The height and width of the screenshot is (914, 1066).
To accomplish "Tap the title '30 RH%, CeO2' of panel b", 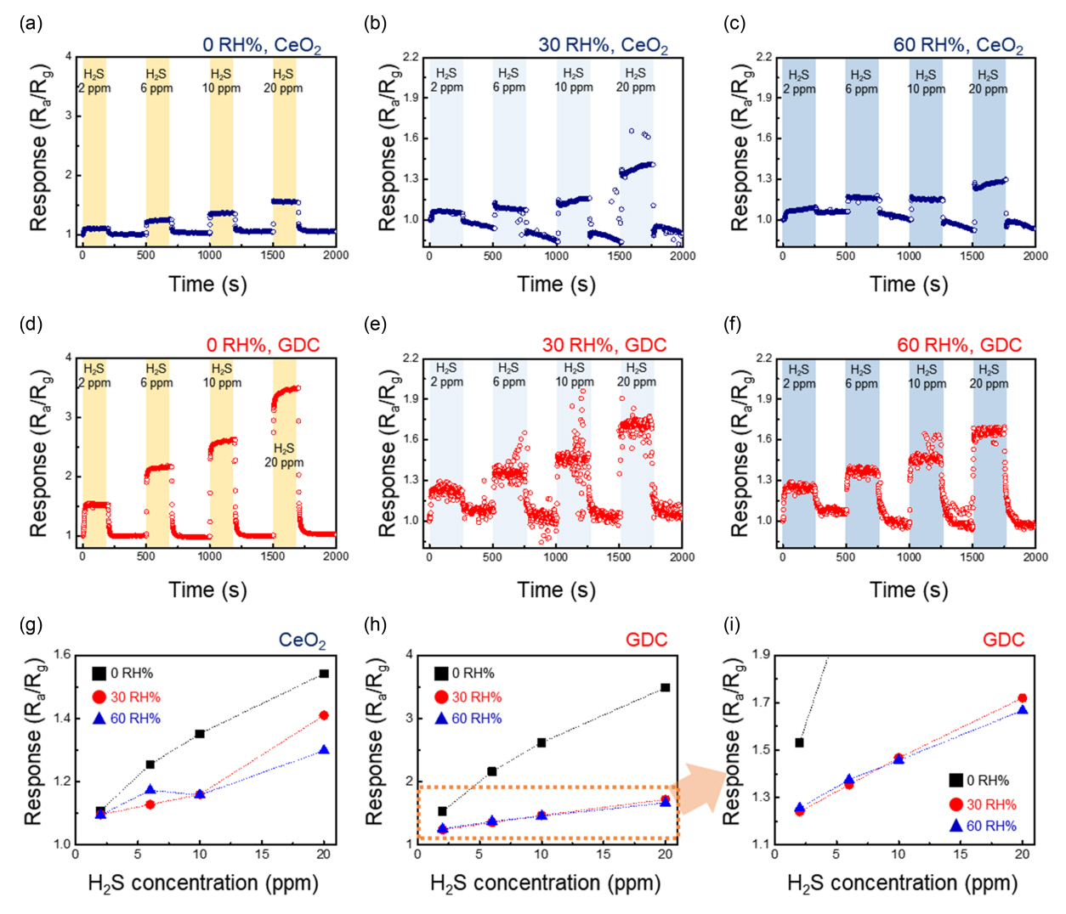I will click(603, 45).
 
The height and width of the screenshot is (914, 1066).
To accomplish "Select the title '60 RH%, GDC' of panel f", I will click(959, 345).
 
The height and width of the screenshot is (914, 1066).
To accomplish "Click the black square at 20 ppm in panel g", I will click(324, 674).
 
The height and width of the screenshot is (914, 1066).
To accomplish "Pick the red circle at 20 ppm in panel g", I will click(324, 715).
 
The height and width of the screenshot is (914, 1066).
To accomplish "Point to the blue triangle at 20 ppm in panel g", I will click(324, 750).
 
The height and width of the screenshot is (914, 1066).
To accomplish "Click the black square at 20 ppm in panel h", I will click(665, 687).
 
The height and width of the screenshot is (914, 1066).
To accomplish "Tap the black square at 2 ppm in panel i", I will click(799, 742).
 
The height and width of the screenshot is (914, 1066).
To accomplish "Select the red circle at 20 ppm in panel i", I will click(1022, 698).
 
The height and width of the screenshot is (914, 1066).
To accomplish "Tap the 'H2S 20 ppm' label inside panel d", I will click(284, 455).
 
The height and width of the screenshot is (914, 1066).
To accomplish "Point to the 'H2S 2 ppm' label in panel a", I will click(94, 81).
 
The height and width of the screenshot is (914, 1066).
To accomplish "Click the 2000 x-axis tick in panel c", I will click(1035, 256).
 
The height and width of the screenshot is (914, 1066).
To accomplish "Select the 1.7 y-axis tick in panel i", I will click(759, 702).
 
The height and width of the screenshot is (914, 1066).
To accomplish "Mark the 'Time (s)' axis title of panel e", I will click(556, 590).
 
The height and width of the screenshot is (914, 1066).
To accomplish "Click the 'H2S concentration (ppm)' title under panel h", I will click(545, 883).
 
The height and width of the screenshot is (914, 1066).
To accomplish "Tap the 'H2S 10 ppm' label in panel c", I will click(926, 82).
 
